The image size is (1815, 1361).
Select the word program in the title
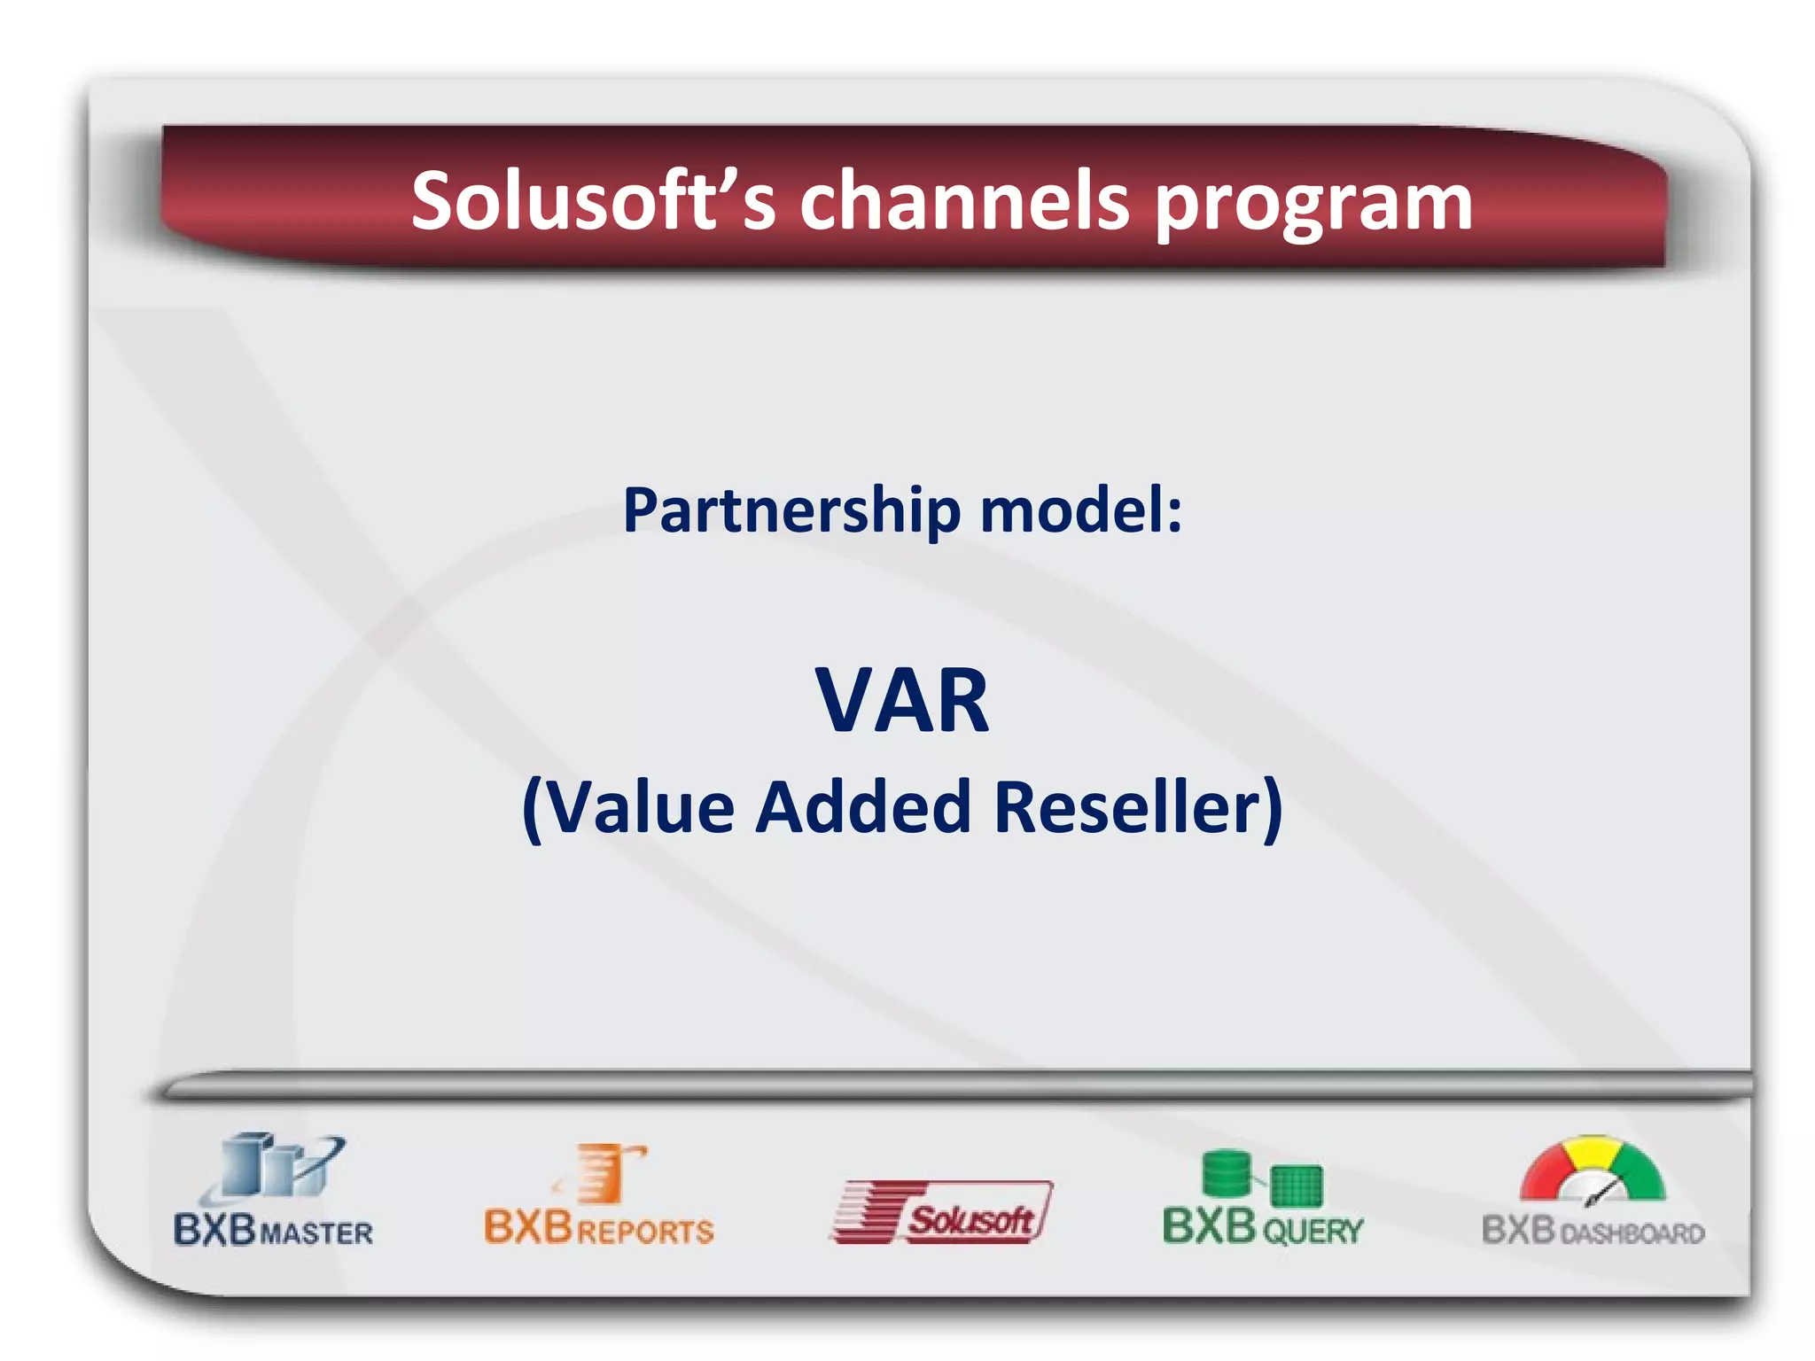tap(1313, 206)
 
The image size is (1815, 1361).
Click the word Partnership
tap(791, 511)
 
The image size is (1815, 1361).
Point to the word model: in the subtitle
tap(1080, 511)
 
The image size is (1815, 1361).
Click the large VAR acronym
tap(901, 701)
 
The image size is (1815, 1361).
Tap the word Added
tap(863, 807)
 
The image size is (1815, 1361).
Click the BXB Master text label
tap(273, 1231)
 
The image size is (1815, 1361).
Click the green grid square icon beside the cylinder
tap(1296, 1186)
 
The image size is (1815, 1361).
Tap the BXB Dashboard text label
tap(1593, 1231)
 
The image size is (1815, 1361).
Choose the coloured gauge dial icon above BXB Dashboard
tap(1593, 1170)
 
